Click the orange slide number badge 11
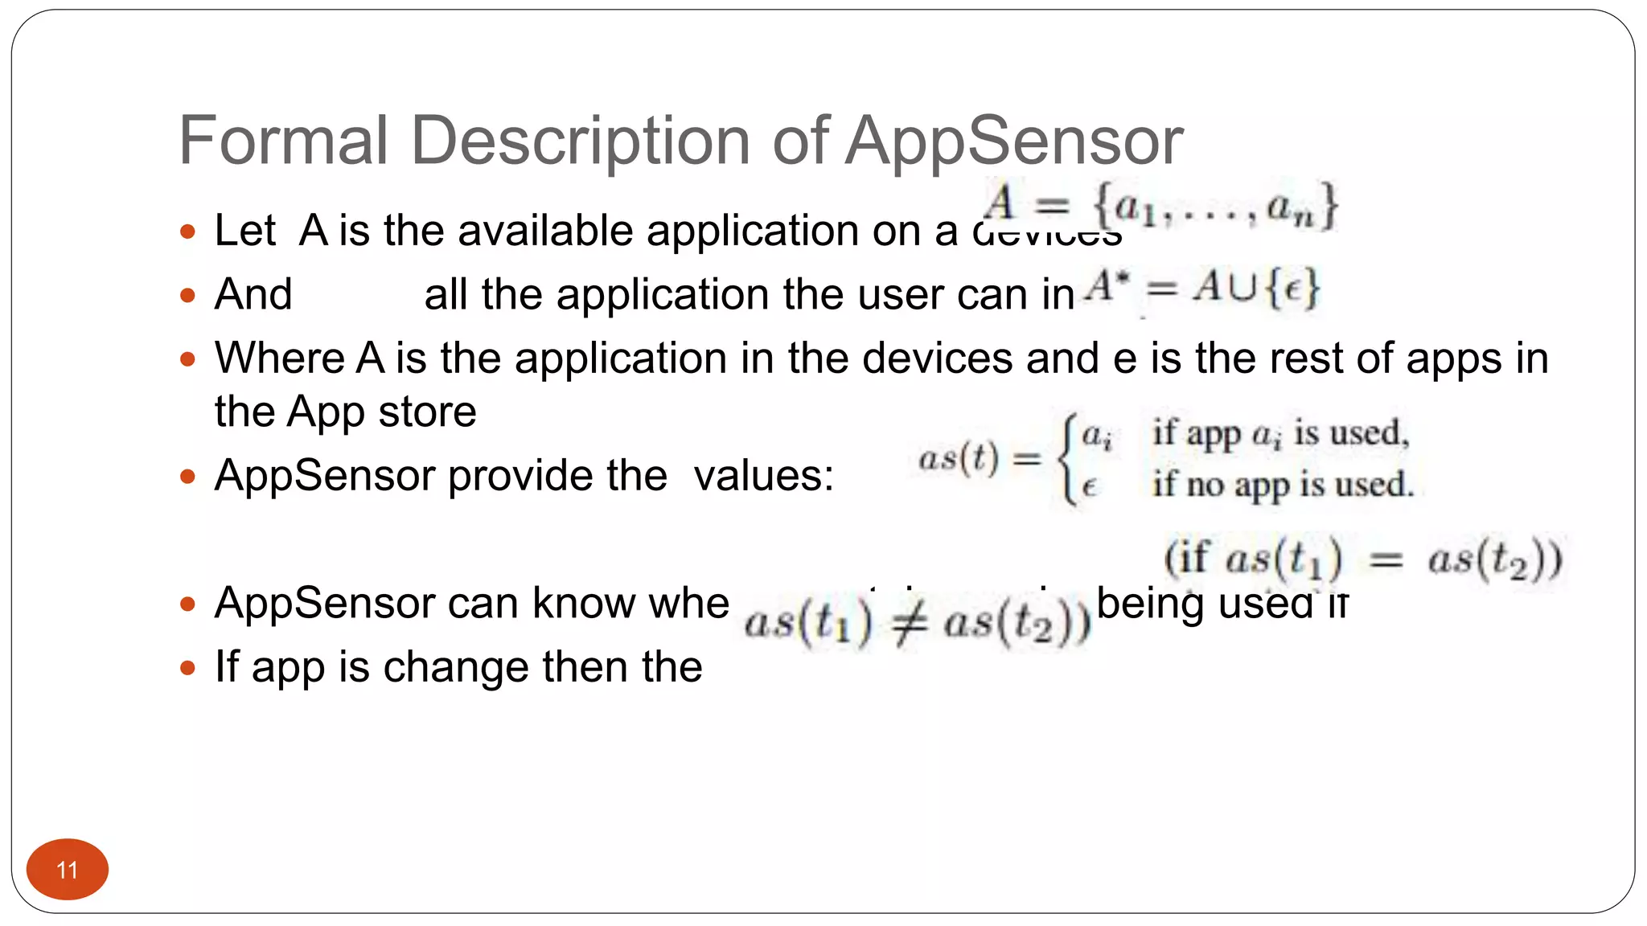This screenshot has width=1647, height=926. [x=68, y=869]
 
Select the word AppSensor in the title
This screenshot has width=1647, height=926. [x=1014, y=142]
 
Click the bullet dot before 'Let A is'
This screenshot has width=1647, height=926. [x=188, y=232]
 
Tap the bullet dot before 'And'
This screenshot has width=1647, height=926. [x=188, y=296]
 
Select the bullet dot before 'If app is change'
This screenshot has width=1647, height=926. [x=188, y=668]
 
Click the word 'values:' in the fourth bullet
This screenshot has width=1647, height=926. [x=764, y=476]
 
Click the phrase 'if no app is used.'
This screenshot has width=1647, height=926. [x=1282, y=485]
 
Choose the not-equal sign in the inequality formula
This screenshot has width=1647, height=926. [x=909, y=623]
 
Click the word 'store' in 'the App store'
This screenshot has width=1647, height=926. [x=427, y=412]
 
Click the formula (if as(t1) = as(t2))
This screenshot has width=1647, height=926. [x=1362, y=559]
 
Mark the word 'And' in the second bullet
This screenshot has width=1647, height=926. [x=253, y=295]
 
